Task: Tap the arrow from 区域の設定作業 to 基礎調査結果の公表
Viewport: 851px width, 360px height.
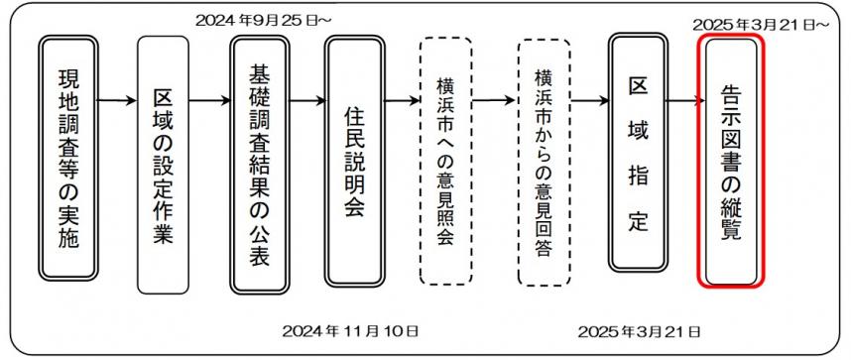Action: [209, 99]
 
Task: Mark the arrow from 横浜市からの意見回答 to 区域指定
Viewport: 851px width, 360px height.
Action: [590, 99]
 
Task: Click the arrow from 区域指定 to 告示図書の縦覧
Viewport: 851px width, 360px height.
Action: [682, 99]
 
